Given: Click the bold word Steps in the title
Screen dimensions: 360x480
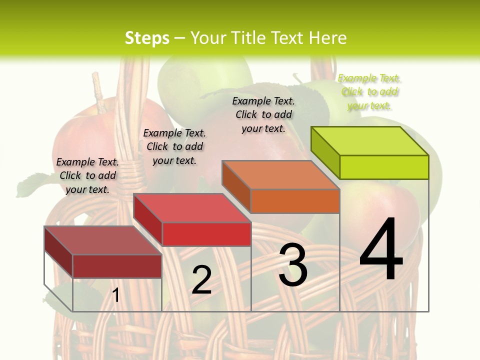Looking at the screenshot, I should pos(147,38).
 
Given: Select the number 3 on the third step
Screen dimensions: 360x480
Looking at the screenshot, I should pos(293,265).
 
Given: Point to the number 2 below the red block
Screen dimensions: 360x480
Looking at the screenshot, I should pos(201,280).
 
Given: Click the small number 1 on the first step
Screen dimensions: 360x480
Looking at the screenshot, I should pos(115,295).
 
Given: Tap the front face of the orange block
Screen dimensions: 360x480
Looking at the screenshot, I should pos(295,201).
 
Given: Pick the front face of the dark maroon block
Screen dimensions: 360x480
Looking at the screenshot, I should pos(117,266).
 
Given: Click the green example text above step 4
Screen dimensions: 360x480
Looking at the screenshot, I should pos(369,92).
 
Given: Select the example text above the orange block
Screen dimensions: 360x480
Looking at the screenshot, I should pos(263,114).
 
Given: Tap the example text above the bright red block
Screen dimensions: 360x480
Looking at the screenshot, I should pos(174,146).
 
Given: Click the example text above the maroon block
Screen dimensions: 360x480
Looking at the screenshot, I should pos(87,175).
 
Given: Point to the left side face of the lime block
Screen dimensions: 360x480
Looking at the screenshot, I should pos(325,152).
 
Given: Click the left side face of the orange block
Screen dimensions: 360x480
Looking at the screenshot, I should pos(236,186).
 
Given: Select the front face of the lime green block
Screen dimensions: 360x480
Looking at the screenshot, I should pos(384,167).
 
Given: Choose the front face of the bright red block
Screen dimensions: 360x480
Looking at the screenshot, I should pos(206,234).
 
